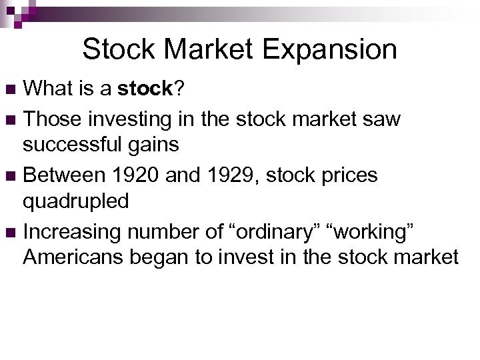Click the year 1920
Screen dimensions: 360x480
click(136, 175)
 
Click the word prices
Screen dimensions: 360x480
click(345, 175)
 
